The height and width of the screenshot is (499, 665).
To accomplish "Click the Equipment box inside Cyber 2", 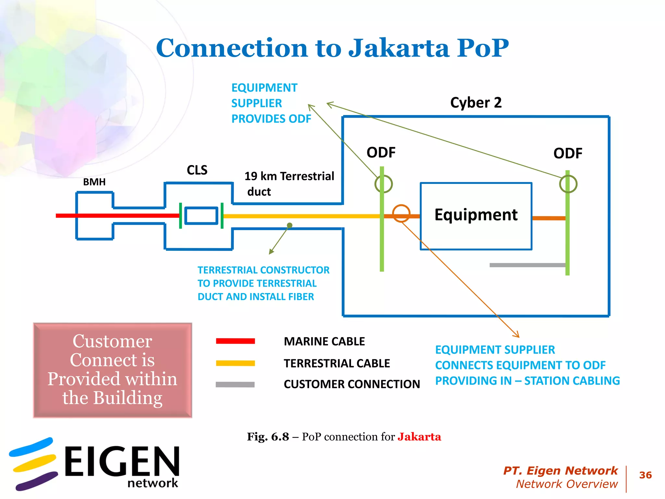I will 476,216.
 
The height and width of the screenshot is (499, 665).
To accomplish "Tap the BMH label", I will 94,182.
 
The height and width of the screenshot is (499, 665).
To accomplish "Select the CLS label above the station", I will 197,170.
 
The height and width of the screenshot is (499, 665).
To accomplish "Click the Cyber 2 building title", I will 476,103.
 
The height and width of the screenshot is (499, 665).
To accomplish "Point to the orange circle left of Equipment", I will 401,213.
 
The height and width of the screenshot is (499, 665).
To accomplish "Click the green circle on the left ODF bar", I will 383,184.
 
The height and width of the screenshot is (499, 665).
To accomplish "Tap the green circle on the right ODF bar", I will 568,184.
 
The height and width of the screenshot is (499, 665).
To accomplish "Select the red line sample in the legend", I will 235,341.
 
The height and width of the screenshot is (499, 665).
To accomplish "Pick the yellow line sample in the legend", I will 235,363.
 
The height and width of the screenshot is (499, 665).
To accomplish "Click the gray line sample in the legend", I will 235,385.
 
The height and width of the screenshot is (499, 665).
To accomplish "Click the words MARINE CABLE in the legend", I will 324,341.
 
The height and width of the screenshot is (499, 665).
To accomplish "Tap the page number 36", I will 645,475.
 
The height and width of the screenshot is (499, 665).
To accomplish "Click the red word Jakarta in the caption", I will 419,437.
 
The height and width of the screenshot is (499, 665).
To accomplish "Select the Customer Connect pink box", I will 112,370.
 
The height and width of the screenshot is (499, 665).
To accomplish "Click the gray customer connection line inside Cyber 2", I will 527,265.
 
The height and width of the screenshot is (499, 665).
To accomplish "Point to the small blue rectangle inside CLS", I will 201,216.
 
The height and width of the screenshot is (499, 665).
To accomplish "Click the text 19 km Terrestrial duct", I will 289,184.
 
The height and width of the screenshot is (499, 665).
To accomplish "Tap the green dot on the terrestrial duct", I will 290,225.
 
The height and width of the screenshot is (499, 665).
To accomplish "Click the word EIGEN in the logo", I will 122,461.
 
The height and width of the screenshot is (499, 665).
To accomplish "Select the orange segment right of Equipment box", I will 549,218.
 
